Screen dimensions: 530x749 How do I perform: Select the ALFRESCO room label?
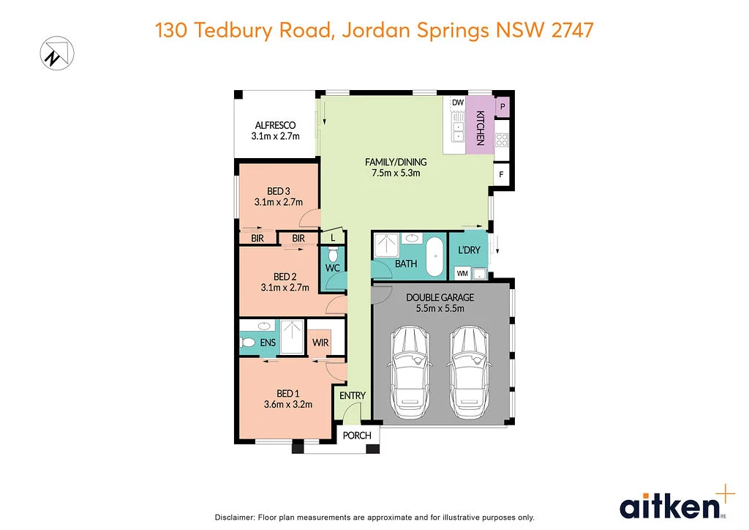(x=274, y=125)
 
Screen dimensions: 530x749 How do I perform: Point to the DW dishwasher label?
(x=458, y=102)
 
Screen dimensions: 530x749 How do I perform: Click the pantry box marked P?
(x=503, y=107)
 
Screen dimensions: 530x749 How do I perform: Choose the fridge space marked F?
(x=501, y=174)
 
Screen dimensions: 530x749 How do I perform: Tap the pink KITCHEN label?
(x=481, y=127)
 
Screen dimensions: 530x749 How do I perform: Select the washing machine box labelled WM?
(x=462, y=273)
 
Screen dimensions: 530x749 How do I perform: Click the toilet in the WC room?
(x=333, y=254)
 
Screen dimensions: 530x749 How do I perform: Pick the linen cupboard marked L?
(x=333, y=238)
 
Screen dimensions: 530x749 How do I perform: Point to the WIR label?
(x=320, y=343)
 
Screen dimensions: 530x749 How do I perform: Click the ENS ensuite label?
(x=267, y=342)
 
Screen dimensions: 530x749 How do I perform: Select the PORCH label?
(x=357, y=435)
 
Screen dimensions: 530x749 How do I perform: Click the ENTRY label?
(x=353, y=395)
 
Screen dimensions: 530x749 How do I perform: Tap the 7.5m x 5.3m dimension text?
(x=396, y=173)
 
